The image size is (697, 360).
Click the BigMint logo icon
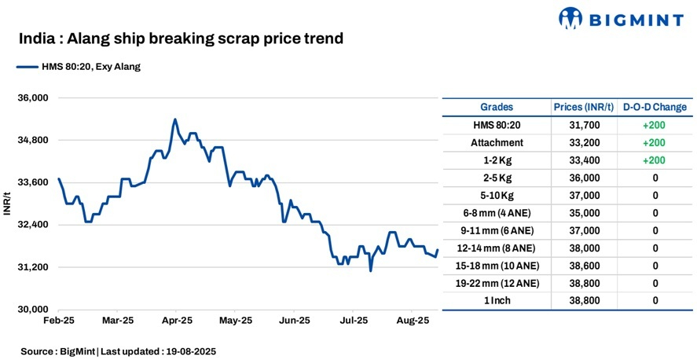(x=572, y=19)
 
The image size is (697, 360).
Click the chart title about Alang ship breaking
(x=181, y=39)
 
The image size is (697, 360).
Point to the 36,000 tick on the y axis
(x=34, y=98)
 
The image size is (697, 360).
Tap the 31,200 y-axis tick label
(x=34, y=267)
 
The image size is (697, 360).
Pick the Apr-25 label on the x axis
(x=178, y=321)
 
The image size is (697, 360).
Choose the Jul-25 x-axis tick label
(x=354, y=321)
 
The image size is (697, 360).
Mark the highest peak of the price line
(x=174, y=119)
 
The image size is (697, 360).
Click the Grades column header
(x=497, y=107)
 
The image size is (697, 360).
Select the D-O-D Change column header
(x=654, y=107)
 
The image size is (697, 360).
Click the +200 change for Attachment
(x=655, y=142)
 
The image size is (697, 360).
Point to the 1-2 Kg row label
(x=497, y=160)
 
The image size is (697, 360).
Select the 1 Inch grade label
(x=497, y=301)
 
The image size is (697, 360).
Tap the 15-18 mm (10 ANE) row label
(x=497, y=266)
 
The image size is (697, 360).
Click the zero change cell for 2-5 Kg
(x=655, y=178)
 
